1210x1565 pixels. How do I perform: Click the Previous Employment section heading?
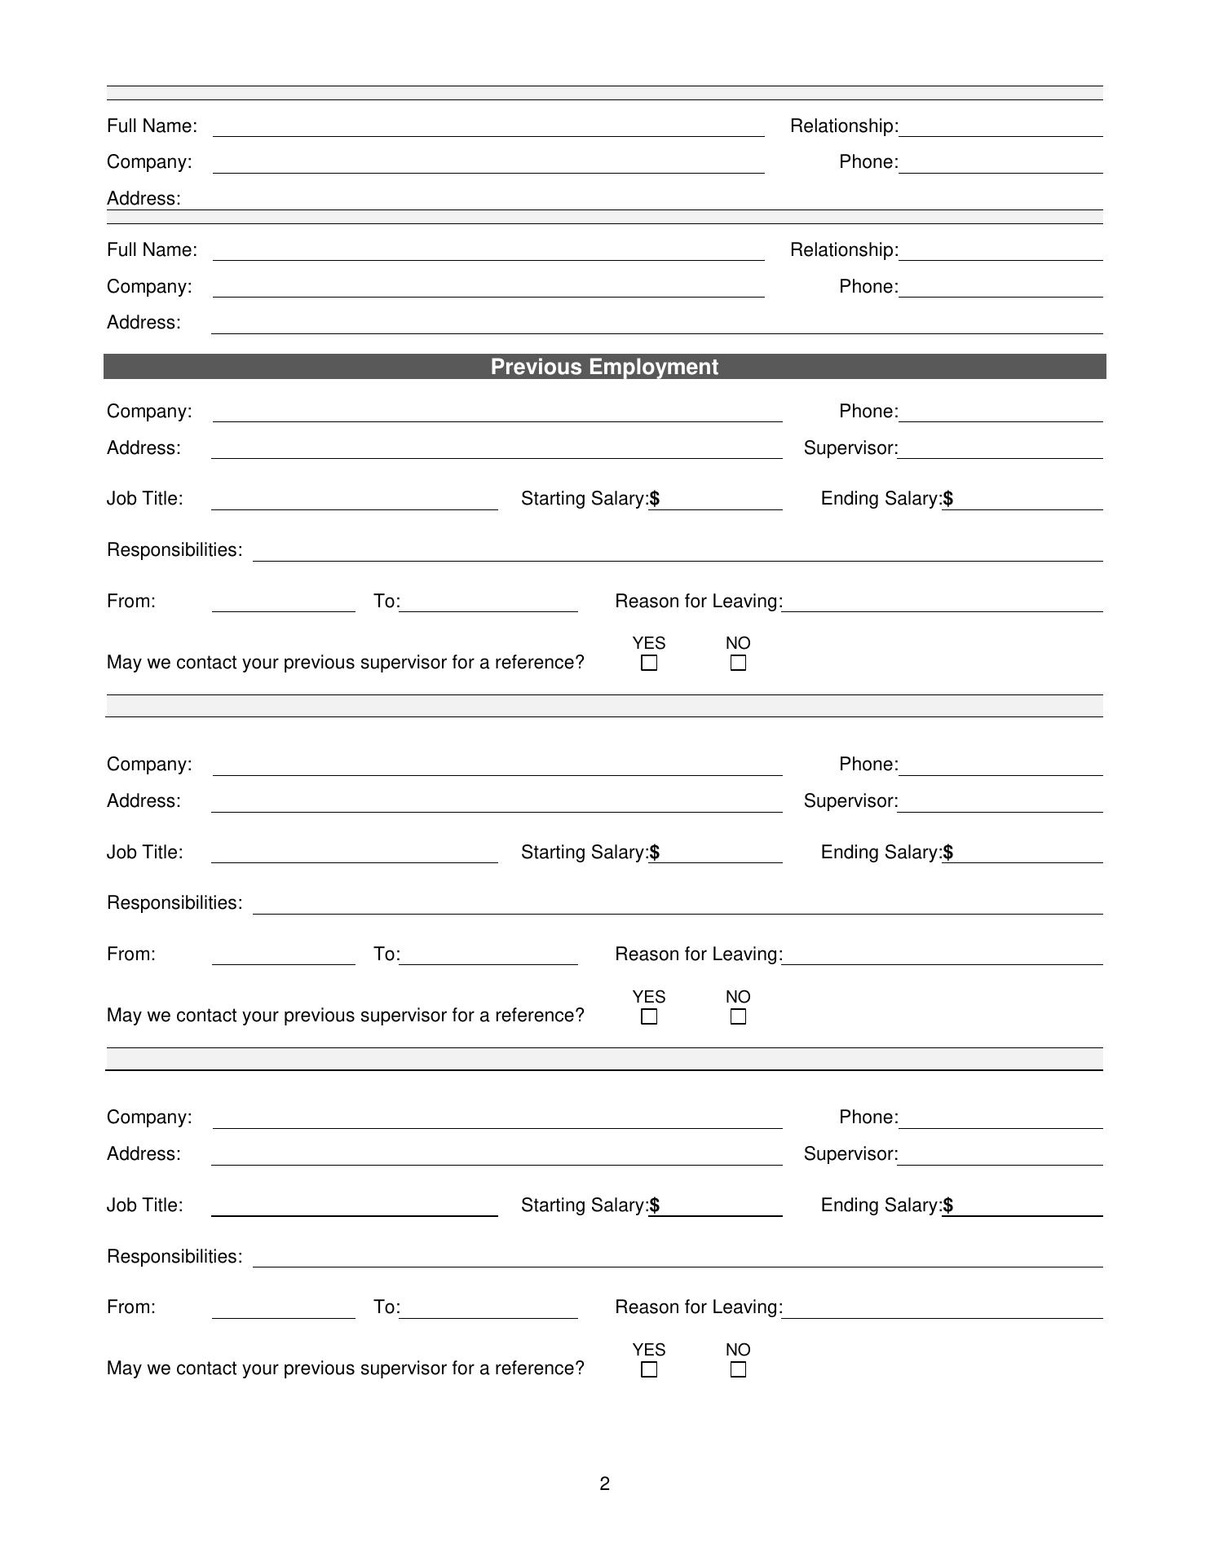click(604, 367)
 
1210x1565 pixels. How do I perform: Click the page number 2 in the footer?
click(604, 1483)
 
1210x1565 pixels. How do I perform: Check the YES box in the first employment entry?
click(649, 663)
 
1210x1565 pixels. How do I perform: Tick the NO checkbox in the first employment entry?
click(738, 663)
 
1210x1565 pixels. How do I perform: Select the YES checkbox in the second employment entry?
click(649, 1016)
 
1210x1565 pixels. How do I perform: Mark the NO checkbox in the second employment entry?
click(738, 1016)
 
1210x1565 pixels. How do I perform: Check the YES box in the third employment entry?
click(649, 1369)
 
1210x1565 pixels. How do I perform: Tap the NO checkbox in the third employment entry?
click(738, 1369)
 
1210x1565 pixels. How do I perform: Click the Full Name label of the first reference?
click(152, 126)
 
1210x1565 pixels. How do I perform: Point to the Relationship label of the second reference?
click(844, 250)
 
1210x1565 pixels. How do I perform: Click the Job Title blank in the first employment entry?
click(355, 499)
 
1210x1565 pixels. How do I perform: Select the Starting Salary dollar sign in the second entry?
click(655, 853)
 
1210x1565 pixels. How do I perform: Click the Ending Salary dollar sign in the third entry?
click(948, 1206)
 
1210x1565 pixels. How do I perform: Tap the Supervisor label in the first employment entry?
click(850, 448)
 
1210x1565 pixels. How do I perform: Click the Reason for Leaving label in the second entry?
click(699, 954)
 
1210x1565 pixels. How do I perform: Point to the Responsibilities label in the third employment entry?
click(174, 1257)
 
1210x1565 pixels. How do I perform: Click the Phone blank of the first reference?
click(1000, 162)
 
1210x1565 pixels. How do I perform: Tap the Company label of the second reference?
click(149, 287)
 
